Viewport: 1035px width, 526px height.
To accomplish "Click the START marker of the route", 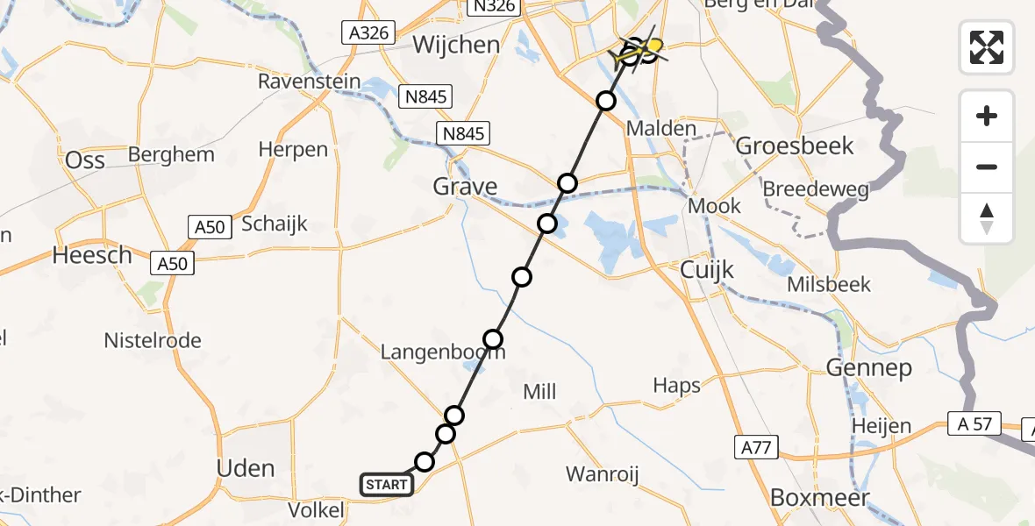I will [386, 485].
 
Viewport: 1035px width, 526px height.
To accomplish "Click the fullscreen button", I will [987, 46].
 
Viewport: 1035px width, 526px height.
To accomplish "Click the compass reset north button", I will [987, 219].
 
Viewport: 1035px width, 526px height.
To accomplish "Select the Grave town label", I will [465, 187].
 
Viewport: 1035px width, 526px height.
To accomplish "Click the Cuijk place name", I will [707, 271].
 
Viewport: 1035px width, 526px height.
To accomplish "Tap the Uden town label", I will [246, 468].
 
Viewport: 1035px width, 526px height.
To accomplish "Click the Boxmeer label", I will [819, 498].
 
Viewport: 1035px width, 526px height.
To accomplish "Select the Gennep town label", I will [868, 368].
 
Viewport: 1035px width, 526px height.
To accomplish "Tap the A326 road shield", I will [368, 33].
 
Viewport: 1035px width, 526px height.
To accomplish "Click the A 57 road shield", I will [971, 425].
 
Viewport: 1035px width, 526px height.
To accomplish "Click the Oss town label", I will [86, 160].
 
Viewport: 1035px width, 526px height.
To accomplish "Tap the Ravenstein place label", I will [309, 82].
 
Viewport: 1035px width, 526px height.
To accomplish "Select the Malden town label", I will [661, 129].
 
